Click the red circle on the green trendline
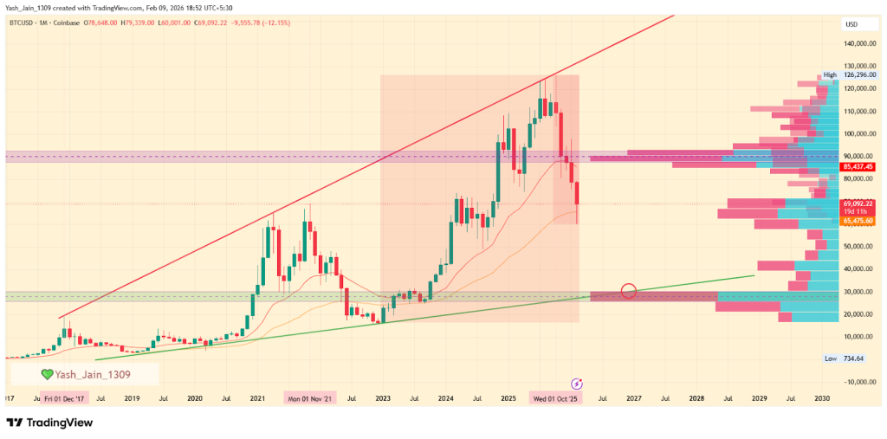630,291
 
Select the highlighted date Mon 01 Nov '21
309,398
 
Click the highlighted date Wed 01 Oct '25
556,398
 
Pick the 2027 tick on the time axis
634,398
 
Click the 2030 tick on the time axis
823,398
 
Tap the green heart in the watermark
49,374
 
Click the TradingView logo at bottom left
50,423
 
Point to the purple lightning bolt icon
578,383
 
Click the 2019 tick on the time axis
132,398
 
